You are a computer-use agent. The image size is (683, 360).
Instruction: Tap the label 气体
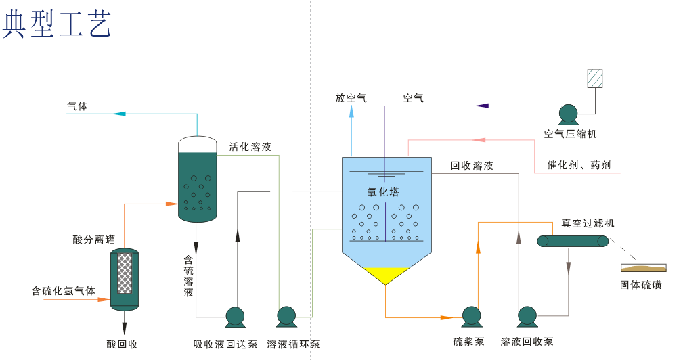pyautogui.click(x=77, y=106)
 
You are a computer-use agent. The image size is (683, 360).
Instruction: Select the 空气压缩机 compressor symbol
pyautogui.click(x=567, y=113)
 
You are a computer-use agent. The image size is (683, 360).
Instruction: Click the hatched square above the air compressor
pyautogui.click(x=595, y=78)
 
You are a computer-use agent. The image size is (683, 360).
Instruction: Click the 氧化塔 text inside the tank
pyautogui.click(x=383, y=192)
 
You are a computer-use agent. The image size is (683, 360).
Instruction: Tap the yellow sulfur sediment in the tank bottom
pyautogui.click(x=386, y=274)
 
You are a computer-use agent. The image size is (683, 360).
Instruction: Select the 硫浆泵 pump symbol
pyautogui.click(x=470, y=316)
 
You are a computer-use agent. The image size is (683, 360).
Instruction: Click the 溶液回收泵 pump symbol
pyautogui.click(x=527, y=316)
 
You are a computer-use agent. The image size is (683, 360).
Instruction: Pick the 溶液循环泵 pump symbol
pyautogui.click(x=286, y=316)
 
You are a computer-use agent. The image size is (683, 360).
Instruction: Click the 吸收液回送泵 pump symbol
pyautogui.click(x=234, y=316)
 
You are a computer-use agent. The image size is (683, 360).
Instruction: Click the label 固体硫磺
pyautogui.click(x=641, y=285)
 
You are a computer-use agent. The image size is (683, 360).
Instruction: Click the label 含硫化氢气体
pyautogui.click(x=63, y=291)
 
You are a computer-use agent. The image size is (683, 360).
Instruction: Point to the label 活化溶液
pyautogui.click(x=250, y=147)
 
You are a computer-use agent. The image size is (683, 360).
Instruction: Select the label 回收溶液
pyautogui.click(x=472, y=166)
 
